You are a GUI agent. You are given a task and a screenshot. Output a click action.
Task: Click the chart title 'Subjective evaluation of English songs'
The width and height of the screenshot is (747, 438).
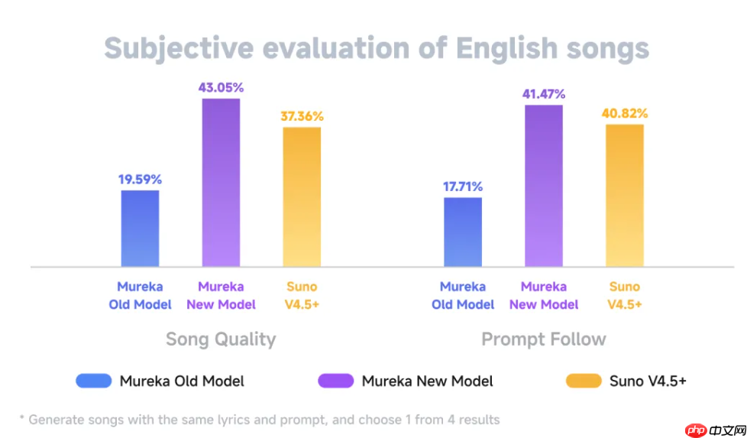(376, 48)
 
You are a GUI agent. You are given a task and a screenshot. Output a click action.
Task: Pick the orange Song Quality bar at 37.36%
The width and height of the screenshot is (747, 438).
(302, 196)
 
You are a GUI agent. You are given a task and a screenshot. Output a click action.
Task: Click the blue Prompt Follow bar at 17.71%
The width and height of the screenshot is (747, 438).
(463, 232)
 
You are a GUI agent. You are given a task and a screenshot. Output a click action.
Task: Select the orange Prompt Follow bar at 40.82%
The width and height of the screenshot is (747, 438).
(625, 195)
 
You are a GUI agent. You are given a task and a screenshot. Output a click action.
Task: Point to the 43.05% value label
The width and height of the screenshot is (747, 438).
(221, 87)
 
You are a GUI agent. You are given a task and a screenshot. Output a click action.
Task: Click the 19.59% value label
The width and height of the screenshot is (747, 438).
(140, 180)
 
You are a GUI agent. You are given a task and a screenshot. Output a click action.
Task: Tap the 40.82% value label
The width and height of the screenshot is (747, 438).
(625, 113)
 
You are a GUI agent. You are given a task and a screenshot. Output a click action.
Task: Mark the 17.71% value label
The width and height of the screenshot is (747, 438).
(463, 187)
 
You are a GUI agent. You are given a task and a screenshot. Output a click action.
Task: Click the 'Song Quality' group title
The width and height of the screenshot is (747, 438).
(221, 339)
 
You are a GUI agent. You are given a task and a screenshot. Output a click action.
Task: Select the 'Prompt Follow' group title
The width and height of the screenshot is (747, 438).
(544, 339)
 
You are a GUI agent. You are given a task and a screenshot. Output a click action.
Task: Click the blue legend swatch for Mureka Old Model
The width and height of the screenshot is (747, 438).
(93, 381)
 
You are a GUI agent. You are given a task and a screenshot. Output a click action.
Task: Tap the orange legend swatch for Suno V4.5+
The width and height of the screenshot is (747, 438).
(584, 381)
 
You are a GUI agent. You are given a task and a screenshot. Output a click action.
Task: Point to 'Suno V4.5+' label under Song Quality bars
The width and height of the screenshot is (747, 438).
(302, 295)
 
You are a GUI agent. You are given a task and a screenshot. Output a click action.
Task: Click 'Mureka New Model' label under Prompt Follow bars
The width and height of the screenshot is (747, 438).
(544, 295)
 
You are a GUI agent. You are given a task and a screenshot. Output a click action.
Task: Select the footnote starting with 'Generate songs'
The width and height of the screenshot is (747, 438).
(260, 419)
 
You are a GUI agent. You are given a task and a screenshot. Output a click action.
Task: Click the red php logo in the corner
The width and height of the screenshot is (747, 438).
(696, 431)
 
